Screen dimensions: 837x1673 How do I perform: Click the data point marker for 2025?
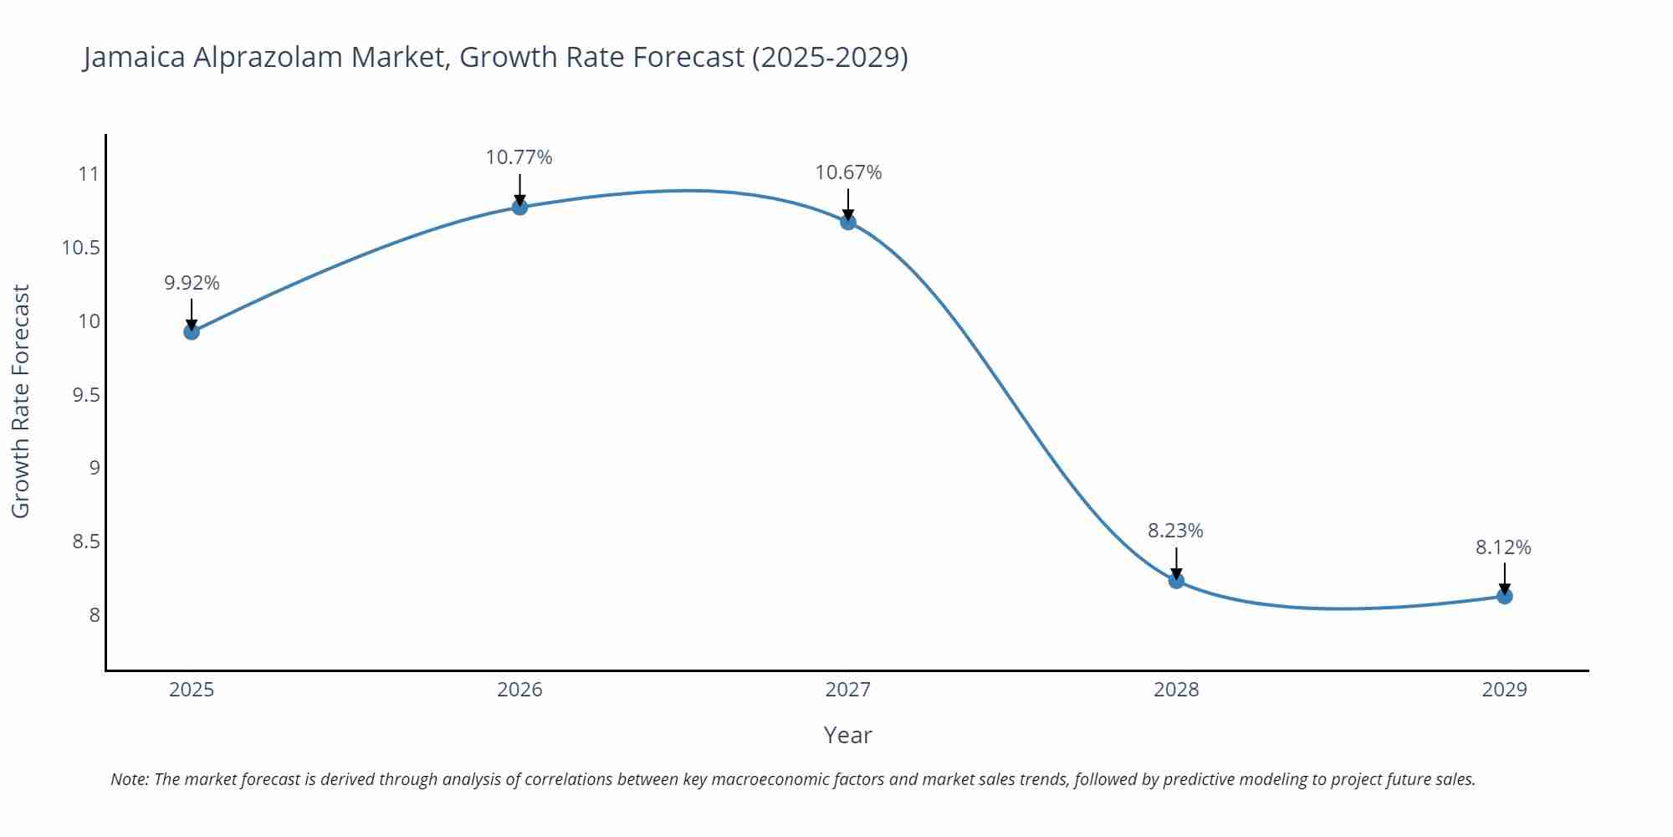pos(192,331)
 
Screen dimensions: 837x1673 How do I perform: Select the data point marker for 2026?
pos(519,207)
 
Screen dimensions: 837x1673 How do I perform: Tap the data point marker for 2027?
pos(848,222)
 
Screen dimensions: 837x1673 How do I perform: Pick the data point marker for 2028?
pos(1176,580)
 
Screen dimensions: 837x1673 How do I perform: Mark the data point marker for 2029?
pos(1504,596)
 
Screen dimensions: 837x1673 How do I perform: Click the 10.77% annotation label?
pos(519,157)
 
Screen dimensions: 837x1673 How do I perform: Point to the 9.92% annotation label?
pos(192,283)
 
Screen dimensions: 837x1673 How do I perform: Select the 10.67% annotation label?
pos(848,172)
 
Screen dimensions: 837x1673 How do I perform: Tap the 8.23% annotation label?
pos(1175,531)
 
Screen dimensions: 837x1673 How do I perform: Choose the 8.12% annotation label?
pos(1503,547)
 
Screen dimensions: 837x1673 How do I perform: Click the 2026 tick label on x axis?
pos(519,690)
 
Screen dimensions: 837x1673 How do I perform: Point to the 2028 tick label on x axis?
pos(1176,690)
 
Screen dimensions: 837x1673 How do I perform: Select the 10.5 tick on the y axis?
pos(80,248)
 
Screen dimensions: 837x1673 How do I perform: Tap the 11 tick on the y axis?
pos(88,174)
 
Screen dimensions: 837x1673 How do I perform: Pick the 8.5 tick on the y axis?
pos(85,542)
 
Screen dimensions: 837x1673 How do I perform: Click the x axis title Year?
pos(847,735)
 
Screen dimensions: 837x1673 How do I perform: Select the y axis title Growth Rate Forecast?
pos(20,401)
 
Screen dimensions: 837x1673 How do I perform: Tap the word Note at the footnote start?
pos(129,779)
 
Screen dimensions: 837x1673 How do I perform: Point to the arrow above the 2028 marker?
pos(1176,562)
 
